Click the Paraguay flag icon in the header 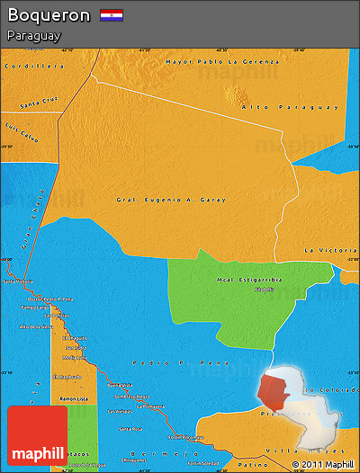click(112, 15)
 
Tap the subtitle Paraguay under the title click(32, 36)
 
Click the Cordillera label click(39, 67)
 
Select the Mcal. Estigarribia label click(248, 281)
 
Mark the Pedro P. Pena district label click(157, 362)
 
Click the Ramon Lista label click(73, 397)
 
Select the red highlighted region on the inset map click(273, 393)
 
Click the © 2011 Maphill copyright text click(322, 464)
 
